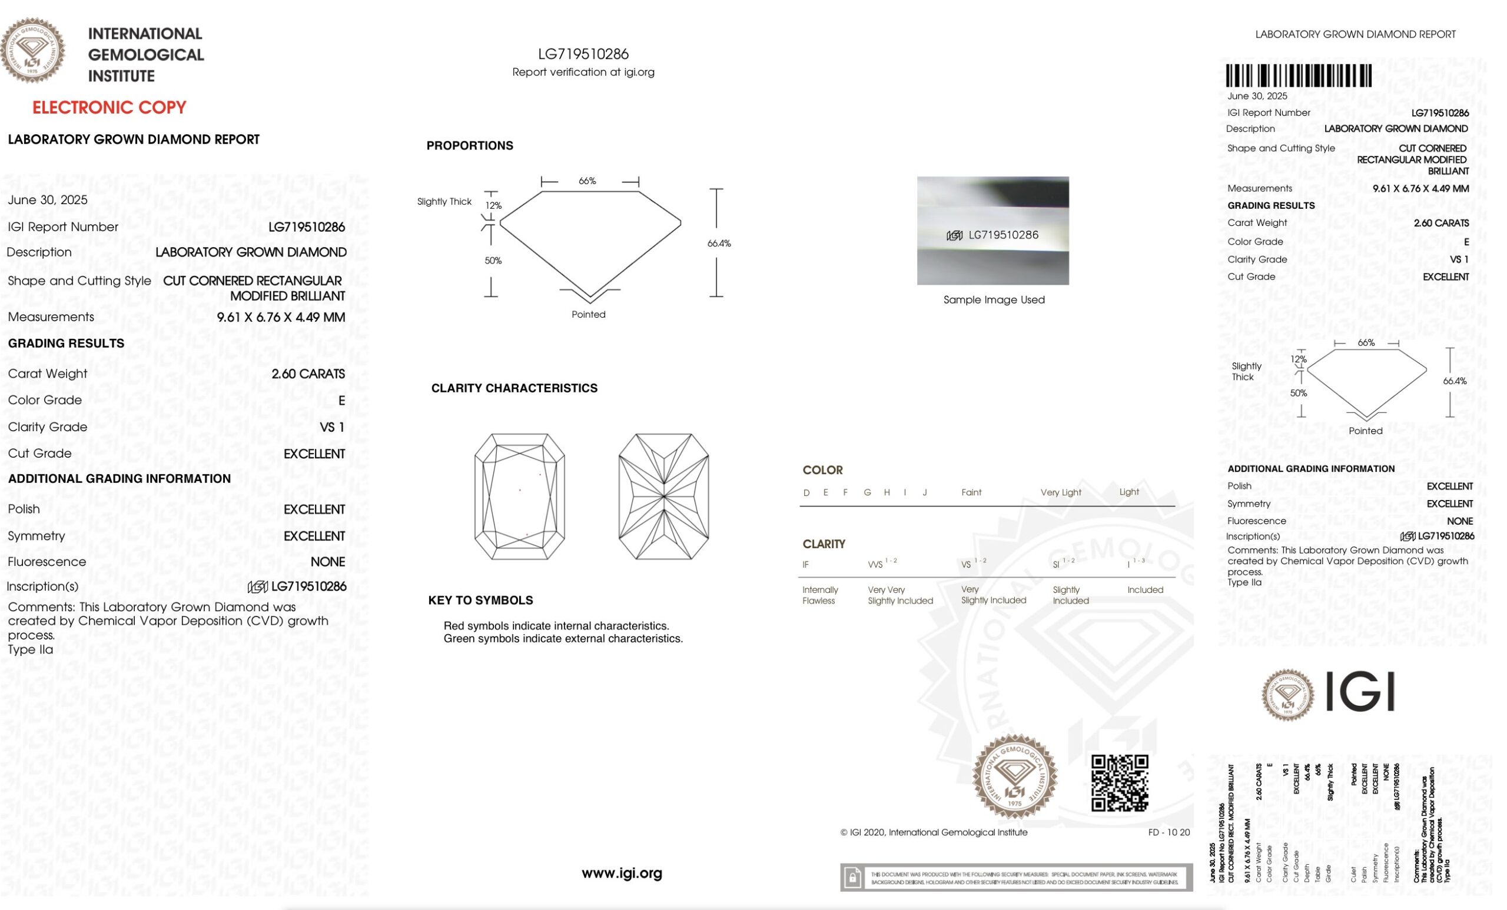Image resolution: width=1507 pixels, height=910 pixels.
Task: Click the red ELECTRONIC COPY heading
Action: (x=109, y=108)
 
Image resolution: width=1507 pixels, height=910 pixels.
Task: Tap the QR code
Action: (x=1119, y=783)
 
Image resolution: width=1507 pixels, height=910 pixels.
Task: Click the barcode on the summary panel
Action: (x=1298, y=76)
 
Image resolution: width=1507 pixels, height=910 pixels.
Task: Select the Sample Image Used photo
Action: (x=993, y=231)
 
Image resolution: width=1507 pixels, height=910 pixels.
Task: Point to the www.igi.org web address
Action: (x=622, y=874)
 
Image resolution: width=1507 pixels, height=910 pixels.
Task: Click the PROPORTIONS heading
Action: (x=470, y=145)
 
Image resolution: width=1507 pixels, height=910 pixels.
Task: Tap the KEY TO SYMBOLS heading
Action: (x=480, y=600)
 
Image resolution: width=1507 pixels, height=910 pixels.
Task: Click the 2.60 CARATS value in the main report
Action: (x=308, y=374)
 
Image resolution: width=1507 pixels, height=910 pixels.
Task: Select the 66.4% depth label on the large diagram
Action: (x=719, y=244)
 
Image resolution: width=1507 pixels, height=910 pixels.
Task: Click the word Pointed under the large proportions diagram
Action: (x=588, y=314)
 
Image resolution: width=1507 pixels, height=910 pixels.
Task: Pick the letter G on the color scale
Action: (x=867, y=492)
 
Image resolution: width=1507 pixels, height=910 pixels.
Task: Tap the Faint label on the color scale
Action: (x=971, y=492)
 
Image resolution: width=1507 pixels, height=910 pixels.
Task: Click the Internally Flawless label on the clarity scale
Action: (x=820, y=595)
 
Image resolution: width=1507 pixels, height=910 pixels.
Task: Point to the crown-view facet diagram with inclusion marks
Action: (x=519, y=496)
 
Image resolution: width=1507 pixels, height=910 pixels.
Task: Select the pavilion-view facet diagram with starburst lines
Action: (x=663, y=496)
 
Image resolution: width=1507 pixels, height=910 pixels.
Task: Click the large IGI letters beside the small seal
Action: (x=1360, y=692)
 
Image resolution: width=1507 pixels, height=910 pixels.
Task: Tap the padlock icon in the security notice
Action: (x=852, y=878)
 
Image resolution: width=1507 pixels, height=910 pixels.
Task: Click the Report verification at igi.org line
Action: (x=583, y=72)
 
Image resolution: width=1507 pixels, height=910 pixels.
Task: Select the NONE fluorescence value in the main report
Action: (x=328, y=562)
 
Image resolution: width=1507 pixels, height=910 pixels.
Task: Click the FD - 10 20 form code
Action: (x=1169, y=832)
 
